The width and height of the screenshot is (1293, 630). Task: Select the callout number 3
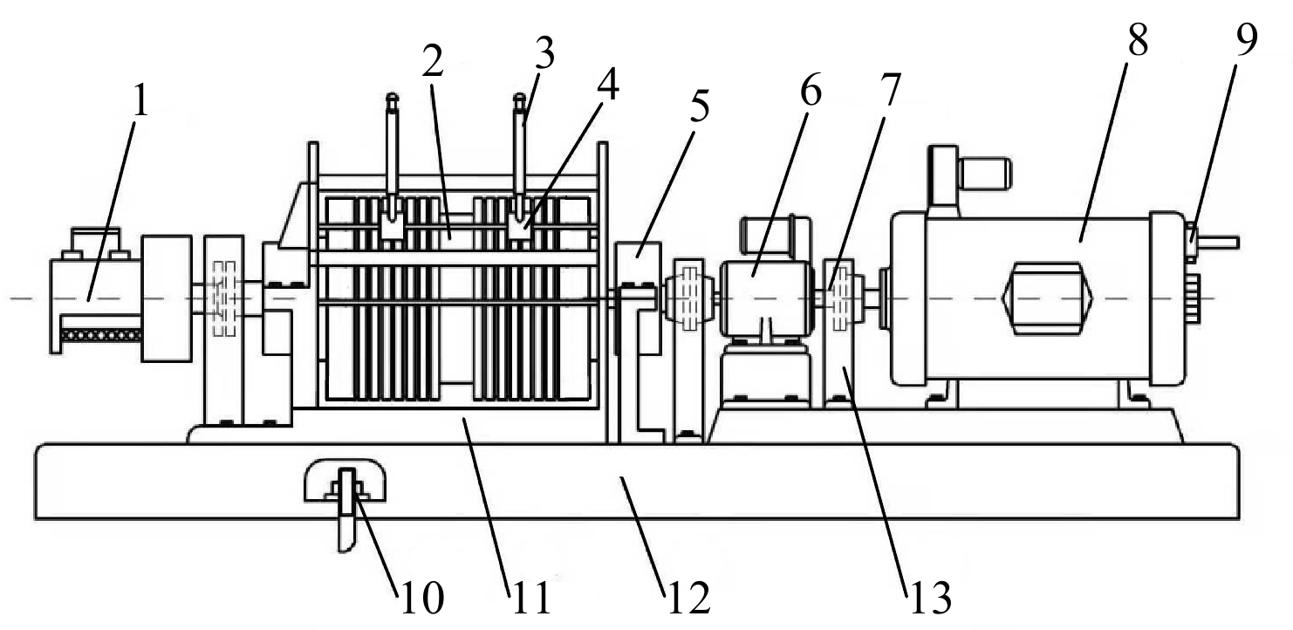[x=544, y=53]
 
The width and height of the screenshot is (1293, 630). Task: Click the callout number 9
[x=1247, y=41]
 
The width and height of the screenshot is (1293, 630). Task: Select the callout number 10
[x=422, y=599]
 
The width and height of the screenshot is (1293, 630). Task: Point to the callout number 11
[x=531, y=599]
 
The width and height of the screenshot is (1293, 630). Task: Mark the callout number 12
[x=689, y=599]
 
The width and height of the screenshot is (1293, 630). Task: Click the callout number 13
[x=930, y=599]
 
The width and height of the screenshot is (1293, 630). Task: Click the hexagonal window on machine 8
[x=1047, y=299]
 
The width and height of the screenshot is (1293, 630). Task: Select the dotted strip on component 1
[x=101, y=334]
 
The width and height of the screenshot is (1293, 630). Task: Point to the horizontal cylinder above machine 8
[x=983, y=174]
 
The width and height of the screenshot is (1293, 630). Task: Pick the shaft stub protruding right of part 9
[x=1219, y=242]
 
